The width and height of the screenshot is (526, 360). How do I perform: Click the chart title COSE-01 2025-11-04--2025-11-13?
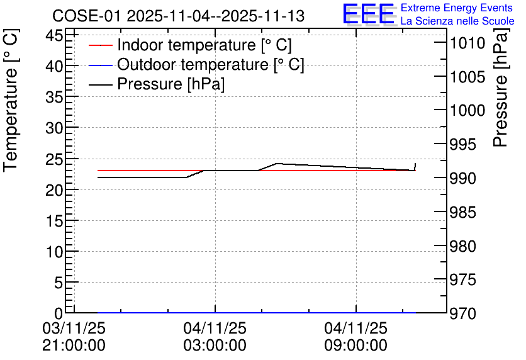179,16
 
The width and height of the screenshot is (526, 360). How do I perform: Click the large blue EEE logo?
369,14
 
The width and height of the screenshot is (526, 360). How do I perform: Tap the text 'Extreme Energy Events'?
457,8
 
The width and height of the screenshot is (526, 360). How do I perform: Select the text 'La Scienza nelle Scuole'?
457,21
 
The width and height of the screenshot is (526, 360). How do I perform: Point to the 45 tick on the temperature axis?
54,35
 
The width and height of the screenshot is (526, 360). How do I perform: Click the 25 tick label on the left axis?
54,159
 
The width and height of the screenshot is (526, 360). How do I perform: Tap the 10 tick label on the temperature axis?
54,252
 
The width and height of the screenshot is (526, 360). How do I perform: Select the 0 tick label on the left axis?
59,313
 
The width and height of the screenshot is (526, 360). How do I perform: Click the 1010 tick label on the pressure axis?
467,43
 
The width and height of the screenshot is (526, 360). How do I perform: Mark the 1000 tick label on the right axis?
467,110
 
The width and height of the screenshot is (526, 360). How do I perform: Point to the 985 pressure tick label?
463,212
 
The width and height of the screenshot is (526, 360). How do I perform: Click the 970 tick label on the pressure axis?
463,313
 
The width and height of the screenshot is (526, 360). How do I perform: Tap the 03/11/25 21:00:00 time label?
74,337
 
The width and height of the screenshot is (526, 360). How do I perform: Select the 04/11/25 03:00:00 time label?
215,337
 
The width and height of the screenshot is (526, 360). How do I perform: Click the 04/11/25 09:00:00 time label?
356,337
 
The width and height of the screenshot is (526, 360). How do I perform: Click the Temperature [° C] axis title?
11,101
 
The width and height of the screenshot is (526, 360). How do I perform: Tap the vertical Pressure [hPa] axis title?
500,87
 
